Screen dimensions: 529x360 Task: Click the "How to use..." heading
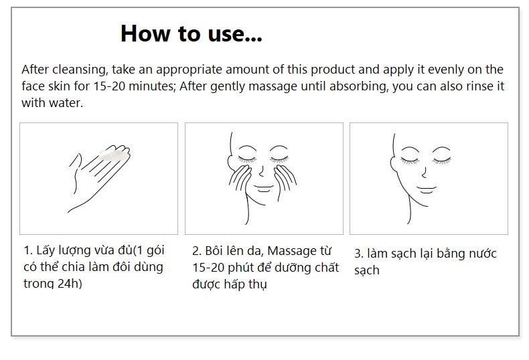click(192, 33)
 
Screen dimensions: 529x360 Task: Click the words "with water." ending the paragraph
click(52, 103)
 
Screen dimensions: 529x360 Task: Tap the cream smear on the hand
click(115, 156)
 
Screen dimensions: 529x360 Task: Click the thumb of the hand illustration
click(74, 162)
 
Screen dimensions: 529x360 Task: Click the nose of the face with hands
click(261, 171)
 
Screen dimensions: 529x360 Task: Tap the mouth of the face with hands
click(264, 188)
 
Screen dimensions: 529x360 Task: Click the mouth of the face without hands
click(427, 189)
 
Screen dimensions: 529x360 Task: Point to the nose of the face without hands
click(424, 173)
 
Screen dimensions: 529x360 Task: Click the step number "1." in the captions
click(28, 250)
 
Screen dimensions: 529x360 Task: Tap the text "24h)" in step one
click(70, 284)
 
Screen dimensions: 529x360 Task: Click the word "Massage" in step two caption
click(291, 252)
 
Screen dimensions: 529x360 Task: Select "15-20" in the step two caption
click(208, 268)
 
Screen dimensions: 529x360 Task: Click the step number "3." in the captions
click(359, 254)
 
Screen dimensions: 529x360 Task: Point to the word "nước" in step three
click(483, 254)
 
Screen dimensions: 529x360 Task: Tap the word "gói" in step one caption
click(155, 251)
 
